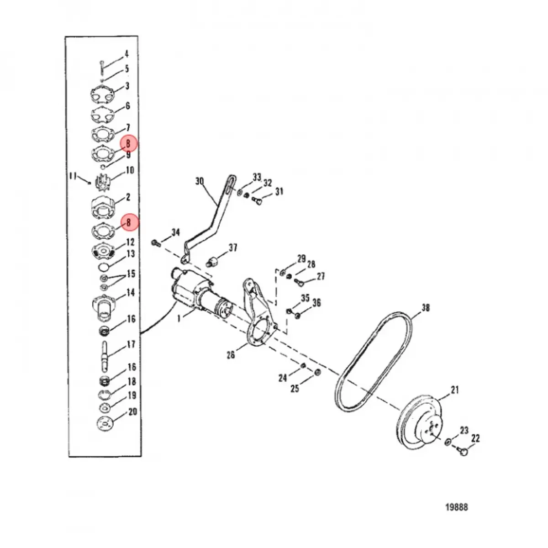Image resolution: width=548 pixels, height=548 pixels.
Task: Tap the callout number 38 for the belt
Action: pyautogui.click(x=426, y=308)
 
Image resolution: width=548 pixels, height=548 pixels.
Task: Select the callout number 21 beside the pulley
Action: pyautogui.click(x=455, y=390)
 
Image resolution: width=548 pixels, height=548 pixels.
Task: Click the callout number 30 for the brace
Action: pyautogui.click(x=200, y=181)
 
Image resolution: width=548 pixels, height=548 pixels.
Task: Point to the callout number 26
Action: pyautogui.click(x=231, y=355)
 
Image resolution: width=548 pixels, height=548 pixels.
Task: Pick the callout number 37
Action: pyautogui.click(x=233, y=248)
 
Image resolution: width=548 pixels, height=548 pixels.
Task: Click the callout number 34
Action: pyautogui.click(x=175, y=232)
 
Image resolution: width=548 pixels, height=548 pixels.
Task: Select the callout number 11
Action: pyautogui.click(x=73, y=177)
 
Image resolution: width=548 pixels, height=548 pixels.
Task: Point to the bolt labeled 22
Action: pyautogui.click(x=463, y=451)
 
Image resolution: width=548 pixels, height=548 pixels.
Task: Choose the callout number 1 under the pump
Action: pyautogui.click(x=179, y=319)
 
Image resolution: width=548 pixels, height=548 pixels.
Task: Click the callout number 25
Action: pyautogui.click(x=295, y=389)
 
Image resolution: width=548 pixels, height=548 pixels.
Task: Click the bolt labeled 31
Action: pyautogui.click(x=257, y=201)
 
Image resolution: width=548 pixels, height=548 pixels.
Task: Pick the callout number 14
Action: pyautogui.click(x=130, y=292)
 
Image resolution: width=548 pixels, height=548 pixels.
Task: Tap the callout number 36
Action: pyautogui.click(x=316, y=303)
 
